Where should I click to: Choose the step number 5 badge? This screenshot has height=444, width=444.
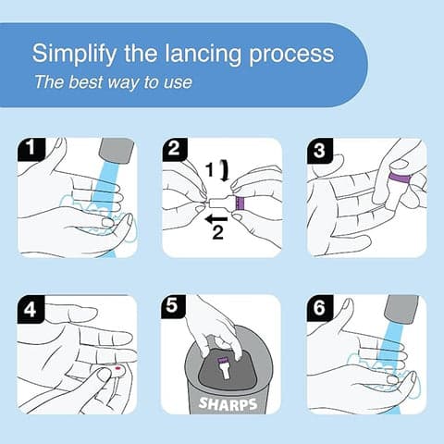pyautogui.click(x=174, y=307)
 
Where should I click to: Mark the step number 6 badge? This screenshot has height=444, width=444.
pyautogui.click(x=319, y=307)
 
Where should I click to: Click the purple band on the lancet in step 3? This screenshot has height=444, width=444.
pyautogui.click(x=401, y=177)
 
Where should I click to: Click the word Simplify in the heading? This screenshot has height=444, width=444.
pyautogui.click(x=69, y=53)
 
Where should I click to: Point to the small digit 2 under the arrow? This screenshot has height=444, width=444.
pyautogui.click(x=217, y=234)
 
